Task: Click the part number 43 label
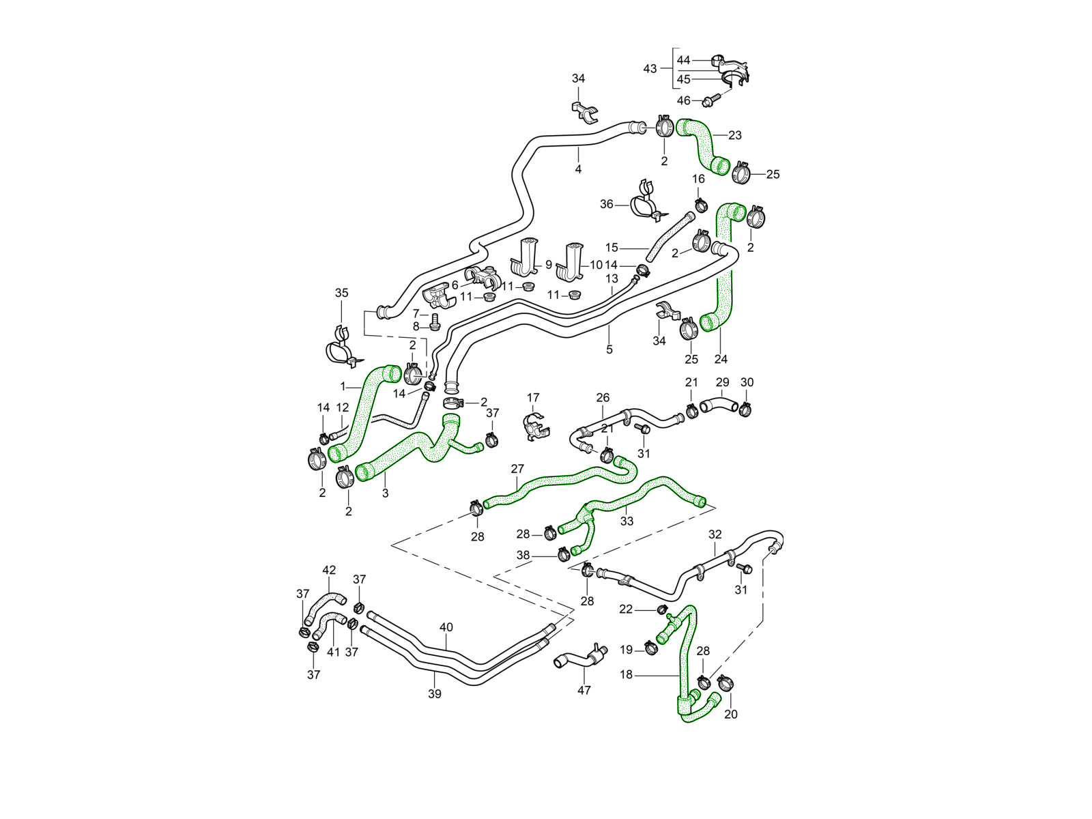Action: click(x=650, y=69)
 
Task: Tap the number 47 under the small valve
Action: click(x=584, y=691)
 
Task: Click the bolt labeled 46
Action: click(x=709, y=100)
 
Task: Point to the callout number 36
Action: click(x=607, y=204)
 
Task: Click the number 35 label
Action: click(x=341, y=293)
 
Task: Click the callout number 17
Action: click(x=533, y=397)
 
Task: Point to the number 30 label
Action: click(x=747, y=382)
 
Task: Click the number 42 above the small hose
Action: click(x=329, y=570)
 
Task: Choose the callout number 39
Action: click(x=435, y=694)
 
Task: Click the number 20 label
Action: click(x=731, y=715)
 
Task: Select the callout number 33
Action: click(x=627, y=521)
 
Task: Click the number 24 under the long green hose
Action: click(x=721, y=359)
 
